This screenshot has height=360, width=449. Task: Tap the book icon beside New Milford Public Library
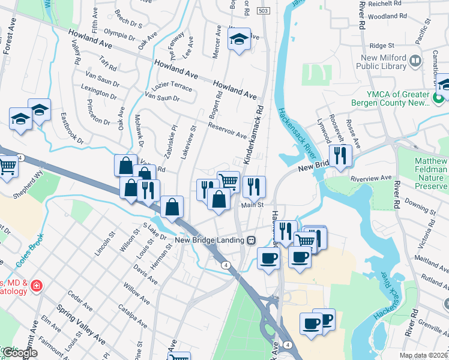(415, 60)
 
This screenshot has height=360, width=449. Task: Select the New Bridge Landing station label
(209, 240)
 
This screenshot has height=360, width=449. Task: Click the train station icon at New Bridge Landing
(252, 240)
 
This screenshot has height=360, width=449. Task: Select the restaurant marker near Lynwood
(340, 157)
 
